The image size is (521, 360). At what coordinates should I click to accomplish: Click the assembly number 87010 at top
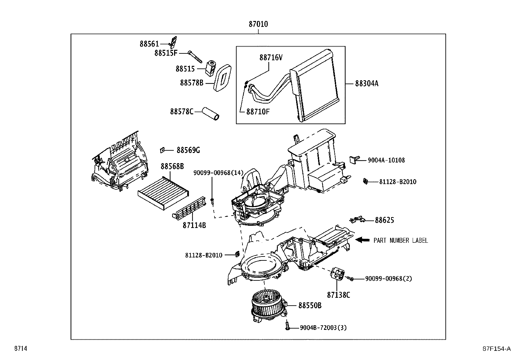[x=258, y=24]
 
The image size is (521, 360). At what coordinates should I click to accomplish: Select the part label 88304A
[x=367, y=84]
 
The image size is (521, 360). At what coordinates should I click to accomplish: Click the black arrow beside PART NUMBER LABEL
[x=363, y=240]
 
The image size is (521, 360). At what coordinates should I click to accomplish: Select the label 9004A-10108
[x=386, y=160]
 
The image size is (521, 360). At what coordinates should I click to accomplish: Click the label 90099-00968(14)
[x=218, y=173]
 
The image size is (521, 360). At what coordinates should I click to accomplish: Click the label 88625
[x=384, y=220]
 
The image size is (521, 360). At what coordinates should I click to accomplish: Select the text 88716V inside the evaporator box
[x=271, y=58]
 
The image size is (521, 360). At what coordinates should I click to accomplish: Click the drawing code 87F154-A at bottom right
[x=496, y=349]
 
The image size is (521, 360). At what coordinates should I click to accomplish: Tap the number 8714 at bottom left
[x=20, y=349]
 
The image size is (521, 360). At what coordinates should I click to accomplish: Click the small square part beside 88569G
[x=162, y=150]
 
